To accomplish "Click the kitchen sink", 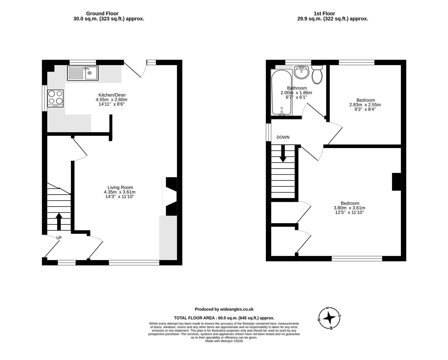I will point(82,73).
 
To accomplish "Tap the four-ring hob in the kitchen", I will point(56,98).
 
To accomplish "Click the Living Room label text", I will point(120,187).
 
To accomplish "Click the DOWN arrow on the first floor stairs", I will point(283,154).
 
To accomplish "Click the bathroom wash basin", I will point(302,72).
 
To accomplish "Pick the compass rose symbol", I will point(329,317).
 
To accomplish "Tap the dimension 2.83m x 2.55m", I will point(365,105).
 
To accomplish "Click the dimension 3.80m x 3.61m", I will point(349,208).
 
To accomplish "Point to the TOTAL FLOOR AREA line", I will point(224,318).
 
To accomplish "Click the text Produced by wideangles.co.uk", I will point(224,309).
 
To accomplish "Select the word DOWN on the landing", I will point(283,137).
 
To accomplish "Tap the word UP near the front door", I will point(59,238).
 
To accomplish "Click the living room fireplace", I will point(171,196).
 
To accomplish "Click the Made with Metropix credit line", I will point(224,341).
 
